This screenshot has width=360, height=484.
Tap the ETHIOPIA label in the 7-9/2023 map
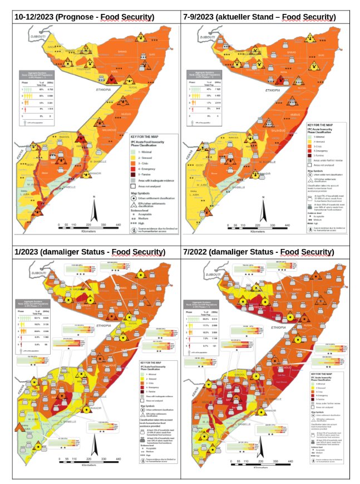(272, 90)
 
